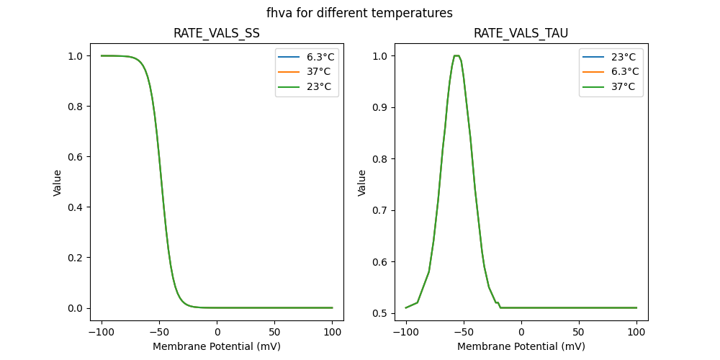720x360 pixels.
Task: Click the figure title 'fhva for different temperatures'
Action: (x=359, y=13)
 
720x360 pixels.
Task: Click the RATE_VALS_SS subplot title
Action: (x=216, y=33)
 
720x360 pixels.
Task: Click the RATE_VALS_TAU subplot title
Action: (x=521, y=33)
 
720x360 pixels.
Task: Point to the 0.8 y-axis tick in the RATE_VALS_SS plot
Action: (x=73, y=107)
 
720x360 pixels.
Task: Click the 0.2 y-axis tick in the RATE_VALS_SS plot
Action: (x=73, y=258)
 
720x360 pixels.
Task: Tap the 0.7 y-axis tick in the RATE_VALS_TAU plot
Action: (x=378, y=210)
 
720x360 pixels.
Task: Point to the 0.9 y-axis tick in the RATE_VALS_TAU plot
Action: (x=378, y=107)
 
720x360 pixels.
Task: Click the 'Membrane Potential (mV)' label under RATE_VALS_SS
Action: (x=216, y=346)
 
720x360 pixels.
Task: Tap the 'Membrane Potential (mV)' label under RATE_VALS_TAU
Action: (x=521, y=346)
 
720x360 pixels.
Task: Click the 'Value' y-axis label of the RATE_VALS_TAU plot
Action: (x=362, y=183)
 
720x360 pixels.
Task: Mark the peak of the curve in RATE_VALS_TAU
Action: (x=456, y=55)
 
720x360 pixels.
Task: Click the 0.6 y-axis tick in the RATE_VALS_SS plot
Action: (x=73, y=157)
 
